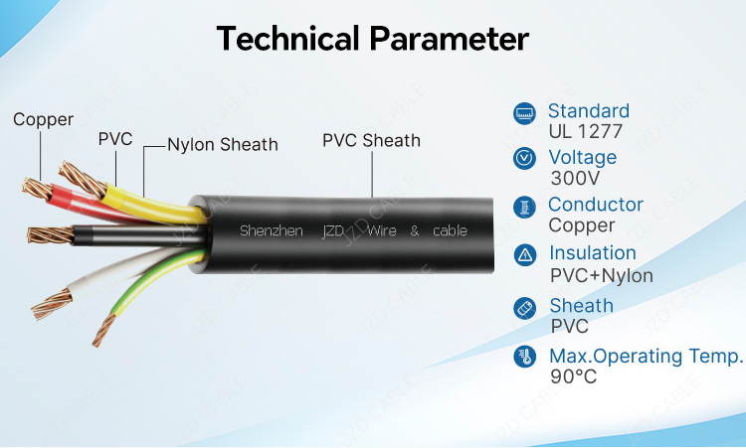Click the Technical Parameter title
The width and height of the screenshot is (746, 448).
(x=373, y=39)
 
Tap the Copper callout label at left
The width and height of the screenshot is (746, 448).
(x=43, y=120)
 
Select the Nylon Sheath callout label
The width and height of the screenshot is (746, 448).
(x=222, y=145)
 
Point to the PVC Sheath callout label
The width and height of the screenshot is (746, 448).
(x=371, y=141)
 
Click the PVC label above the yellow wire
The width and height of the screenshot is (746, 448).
(x=115, y=139)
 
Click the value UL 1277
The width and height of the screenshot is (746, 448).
(x=582, y=131)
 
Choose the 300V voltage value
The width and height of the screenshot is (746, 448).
(x=575, y=179)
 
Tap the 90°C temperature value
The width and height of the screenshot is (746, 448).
(x=573, y=376)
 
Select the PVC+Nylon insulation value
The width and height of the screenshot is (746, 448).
(x=601, y=276)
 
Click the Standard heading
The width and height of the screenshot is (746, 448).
(x=588, y=111)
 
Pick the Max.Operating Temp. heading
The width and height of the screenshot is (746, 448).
(x=646, y=356)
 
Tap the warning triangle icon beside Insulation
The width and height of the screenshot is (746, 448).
(x=523, y=255)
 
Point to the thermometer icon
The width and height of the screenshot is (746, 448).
(x=523, y=357)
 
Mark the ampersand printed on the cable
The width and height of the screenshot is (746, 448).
(x=414, y=230)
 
